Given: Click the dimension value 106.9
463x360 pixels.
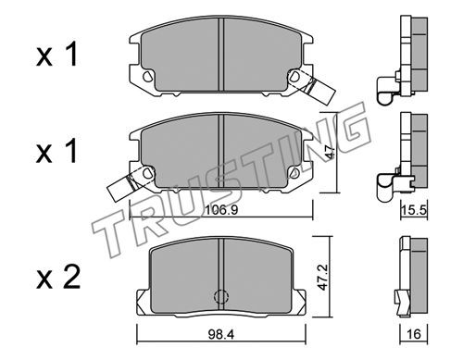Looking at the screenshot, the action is [x=221, y=210].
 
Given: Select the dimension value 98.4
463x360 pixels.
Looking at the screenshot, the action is [x=221, y=334].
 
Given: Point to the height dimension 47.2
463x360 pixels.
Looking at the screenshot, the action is [x=323, y=277].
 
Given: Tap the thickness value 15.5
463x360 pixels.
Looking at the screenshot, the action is [x=414, y=210].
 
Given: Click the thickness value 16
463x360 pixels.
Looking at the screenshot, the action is [x=414, y=334].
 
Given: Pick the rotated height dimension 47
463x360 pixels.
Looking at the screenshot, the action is [x=330, y=153].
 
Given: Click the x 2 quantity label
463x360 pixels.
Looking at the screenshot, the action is [x=58, y=277].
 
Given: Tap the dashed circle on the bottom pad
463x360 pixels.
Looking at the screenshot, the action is [x=221, y=296].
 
